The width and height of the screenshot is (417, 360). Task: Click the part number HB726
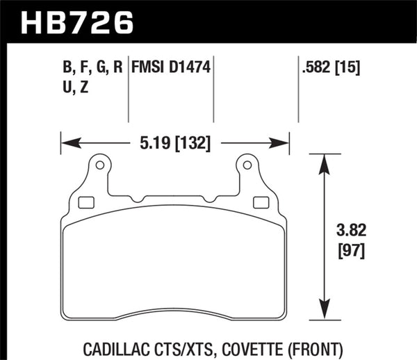76,22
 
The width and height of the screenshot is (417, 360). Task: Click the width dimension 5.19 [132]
174,143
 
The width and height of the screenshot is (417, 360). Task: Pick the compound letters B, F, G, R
91,68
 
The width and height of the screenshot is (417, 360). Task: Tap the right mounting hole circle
247,165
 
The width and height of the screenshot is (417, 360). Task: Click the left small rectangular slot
87,203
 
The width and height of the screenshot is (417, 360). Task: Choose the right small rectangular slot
261,203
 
